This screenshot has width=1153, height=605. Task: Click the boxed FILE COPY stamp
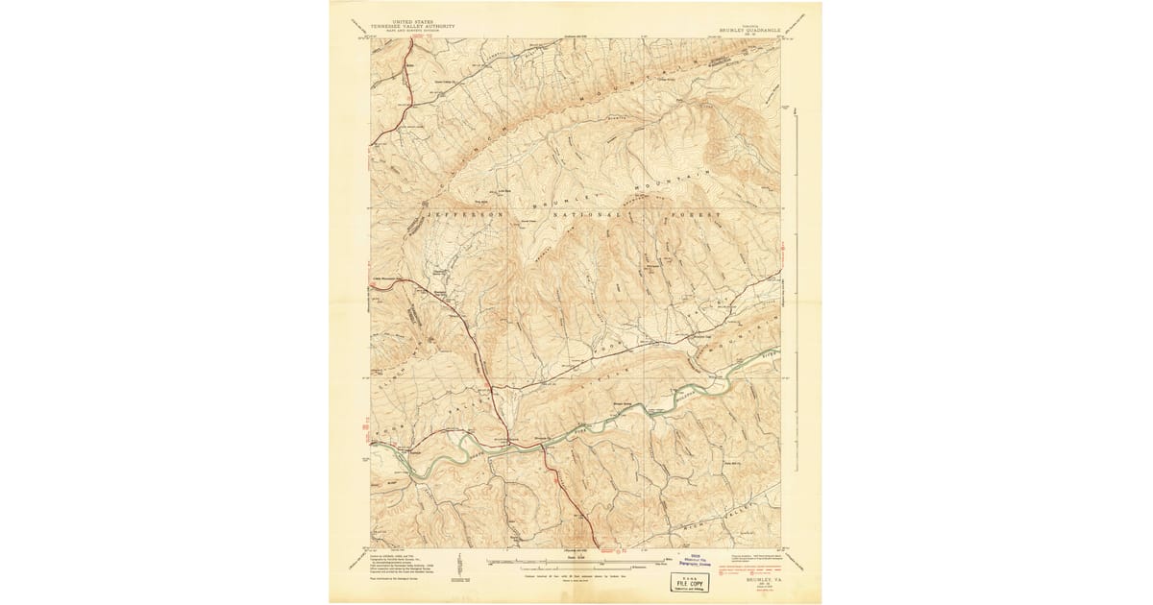coord(686,580)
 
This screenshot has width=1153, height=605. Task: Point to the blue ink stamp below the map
coord(692,561)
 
